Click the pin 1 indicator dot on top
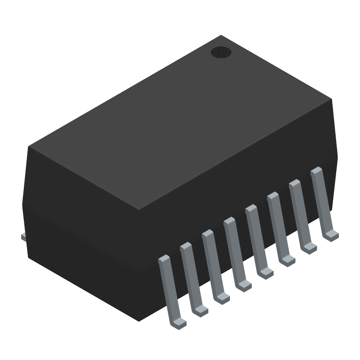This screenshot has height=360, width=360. click(x=221, y=53)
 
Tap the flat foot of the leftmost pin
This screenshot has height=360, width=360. click(x=179, y=323)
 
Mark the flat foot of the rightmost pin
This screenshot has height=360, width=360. click(x=332, y=235)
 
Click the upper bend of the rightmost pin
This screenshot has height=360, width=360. click(x=317, y=171)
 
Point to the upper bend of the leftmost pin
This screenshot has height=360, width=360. click(x=164, y=259)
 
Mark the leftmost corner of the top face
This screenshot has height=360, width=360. click(x=29, y=146)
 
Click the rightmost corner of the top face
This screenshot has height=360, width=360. click(x=332, y=99)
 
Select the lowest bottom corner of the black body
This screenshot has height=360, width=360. click(x=138, y=320)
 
